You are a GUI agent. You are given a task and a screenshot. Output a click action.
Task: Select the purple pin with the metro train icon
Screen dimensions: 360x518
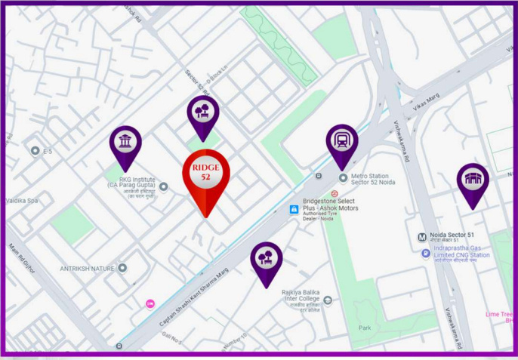342,143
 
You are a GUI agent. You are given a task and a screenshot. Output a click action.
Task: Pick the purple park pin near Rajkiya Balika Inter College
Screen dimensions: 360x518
266,260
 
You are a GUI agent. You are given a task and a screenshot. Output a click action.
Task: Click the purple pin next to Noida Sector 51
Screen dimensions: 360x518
473,181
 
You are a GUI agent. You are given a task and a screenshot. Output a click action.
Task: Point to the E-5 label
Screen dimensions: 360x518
47,152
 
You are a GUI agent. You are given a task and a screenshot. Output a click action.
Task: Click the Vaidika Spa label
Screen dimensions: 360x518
22,201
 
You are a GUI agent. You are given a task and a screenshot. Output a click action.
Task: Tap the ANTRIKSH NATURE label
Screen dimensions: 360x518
87,269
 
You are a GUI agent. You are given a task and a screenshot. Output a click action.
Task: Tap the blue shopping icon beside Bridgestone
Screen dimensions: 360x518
294,209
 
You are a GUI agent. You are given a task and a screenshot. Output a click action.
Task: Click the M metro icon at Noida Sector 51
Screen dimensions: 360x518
422,237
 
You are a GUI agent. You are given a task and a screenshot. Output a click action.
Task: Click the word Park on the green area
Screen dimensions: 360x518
365,328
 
